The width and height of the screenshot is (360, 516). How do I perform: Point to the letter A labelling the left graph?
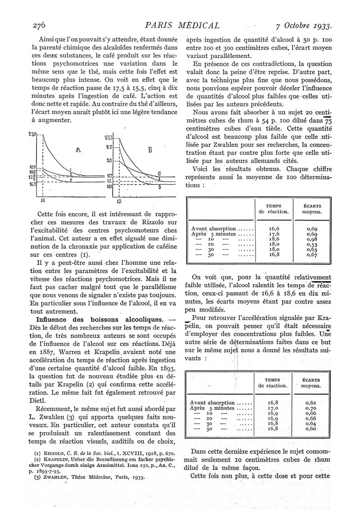pos(78,152)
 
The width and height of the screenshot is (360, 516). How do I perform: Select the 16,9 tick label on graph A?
pos(33,184)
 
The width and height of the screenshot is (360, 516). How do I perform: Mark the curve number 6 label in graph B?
pos(159,173)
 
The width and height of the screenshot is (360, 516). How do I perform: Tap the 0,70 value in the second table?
pos(311,407)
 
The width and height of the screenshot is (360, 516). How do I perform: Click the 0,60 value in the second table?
pos(311,429)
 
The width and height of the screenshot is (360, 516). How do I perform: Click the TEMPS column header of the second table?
pos(273,381)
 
